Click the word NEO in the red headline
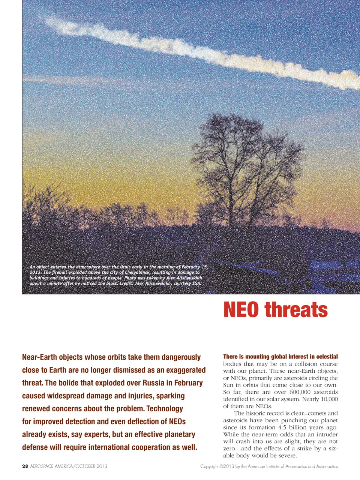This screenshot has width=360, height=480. [x=241, y=310]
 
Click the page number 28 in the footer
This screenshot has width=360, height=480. [x=25, y=466]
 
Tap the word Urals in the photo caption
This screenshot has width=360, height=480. [x=126, y=267]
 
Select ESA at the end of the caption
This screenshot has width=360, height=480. [x=196, y=283]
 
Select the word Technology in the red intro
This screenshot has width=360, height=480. [x=165, y=408]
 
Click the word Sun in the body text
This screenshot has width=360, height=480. [x=228, y=385]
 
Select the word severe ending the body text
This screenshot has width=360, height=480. [x=287, y=456]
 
